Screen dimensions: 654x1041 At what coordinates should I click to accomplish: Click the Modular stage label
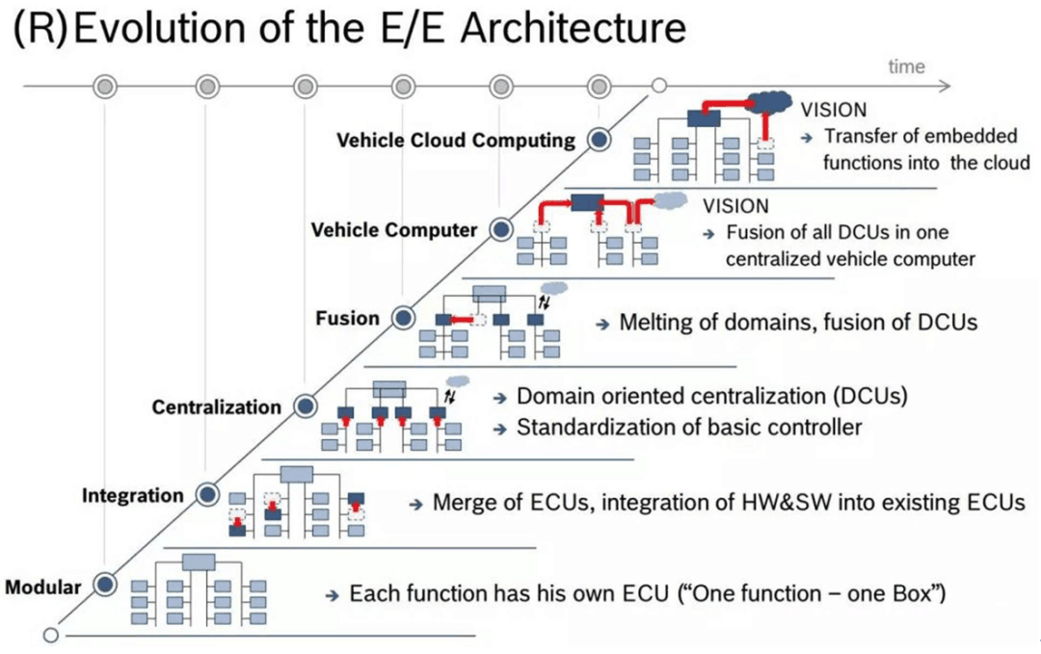[42, 587]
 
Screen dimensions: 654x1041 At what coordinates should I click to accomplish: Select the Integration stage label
[132, 496]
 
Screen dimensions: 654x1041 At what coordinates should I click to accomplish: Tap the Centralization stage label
[216, 407]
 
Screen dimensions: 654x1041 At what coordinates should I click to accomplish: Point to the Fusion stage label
[348, 319]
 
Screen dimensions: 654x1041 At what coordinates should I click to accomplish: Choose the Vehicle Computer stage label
[393, 230]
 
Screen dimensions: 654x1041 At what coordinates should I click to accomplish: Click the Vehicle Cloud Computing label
[455, 141]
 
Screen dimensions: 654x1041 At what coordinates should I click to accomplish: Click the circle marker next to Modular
[103, 585]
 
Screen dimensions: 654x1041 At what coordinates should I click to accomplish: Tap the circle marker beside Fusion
[402, 318]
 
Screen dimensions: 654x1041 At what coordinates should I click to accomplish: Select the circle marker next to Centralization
[305, 406]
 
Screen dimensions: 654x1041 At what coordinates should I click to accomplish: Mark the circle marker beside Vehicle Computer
[500, 229]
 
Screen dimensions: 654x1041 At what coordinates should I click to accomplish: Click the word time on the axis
[906, 66]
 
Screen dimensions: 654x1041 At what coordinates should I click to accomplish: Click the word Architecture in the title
[574, 29]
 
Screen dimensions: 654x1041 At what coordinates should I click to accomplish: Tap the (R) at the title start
[38, 30]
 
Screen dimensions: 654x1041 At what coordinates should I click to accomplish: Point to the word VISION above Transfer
[834, 110]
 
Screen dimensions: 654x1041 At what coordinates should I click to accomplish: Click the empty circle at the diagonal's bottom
[51, 636]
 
